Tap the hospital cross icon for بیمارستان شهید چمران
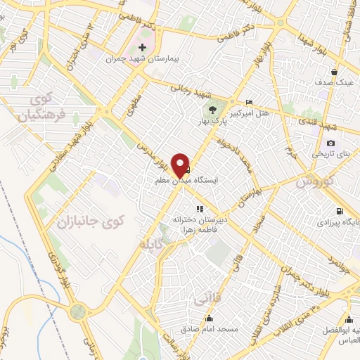[x=143, y=47]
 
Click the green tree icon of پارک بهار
[x=210, y=108]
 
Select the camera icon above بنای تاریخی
[x=331, y=143]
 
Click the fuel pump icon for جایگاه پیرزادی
[x=340, y=211]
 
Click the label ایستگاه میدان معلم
[x=187, y=181]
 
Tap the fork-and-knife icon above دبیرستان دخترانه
[x=200, y=208]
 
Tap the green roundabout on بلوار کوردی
[x=78, y=310]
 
